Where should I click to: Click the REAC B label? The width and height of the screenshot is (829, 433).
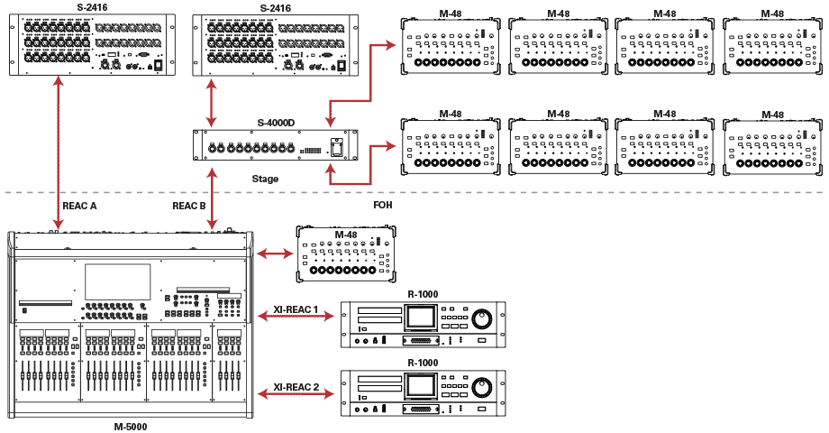[189, 206]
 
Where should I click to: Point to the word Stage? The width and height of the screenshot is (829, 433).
[265, 179]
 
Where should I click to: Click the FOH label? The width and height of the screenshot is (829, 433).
[383, 206]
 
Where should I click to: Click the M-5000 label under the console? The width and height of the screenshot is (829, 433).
[131, 426]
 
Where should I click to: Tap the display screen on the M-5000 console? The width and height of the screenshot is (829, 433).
[118, 281]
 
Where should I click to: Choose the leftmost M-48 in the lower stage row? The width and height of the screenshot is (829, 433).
[451, 146]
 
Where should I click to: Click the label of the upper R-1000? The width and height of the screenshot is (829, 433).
[423, 294]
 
